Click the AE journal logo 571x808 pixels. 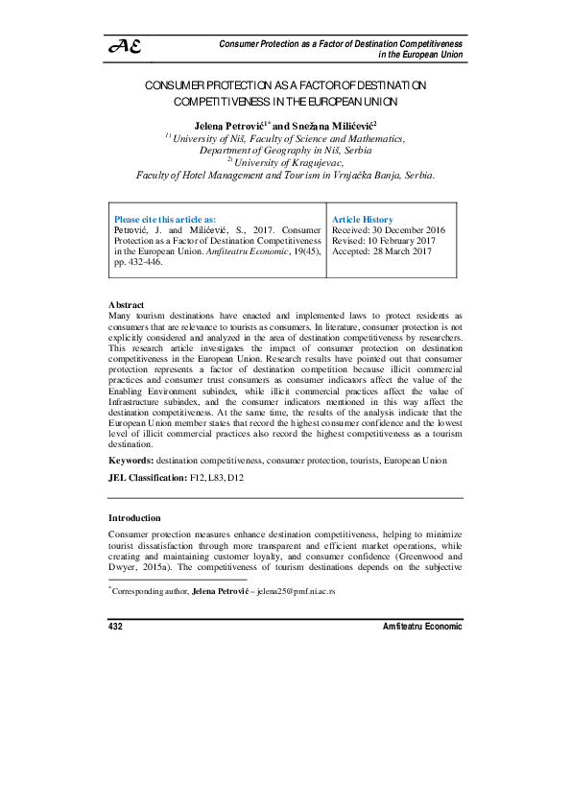click(x=126, y=46)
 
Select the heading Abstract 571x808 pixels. click(x=127, y=304)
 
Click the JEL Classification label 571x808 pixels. click(x=147, y=477)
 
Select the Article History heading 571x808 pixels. click(x=362, y=220)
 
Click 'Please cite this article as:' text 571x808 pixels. click(x=165, y=220)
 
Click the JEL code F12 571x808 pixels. click(x=199, y=477)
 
